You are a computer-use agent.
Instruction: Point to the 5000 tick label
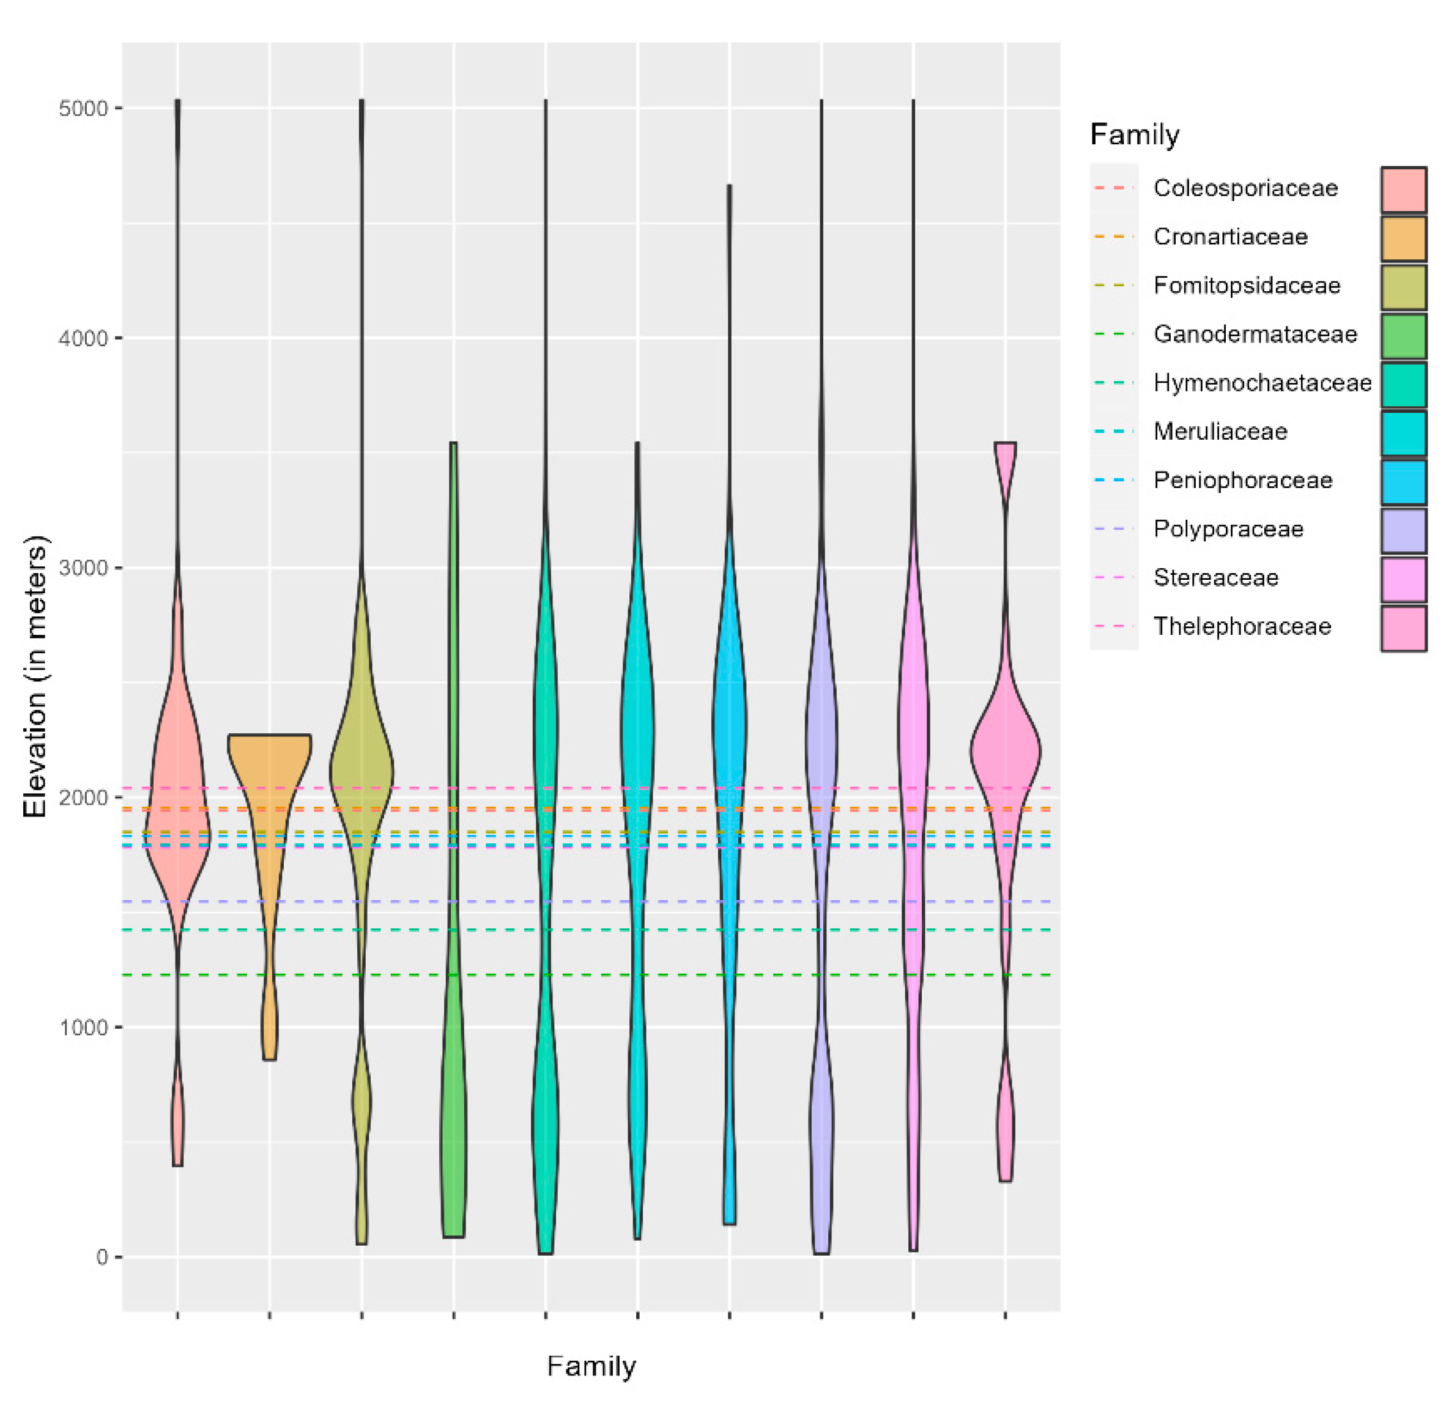coord(83,108)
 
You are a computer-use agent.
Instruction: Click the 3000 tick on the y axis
coord(83,569)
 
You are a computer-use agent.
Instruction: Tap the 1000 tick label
coord(83,1027)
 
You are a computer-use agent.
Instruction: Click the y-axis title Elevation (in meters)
coord(35,676)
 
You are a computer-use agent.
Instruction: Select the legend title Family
coord(1134,135)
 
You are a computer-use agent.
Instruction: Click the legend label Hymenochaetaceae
coord(1262,382)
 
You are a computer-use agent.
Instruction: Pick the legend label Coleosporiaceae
coord(1245,188)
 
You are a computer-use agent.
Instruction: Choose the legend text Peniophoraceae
coord(1243,480)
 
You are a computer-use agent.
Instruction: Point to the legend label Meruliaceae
coord(1220,431)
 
